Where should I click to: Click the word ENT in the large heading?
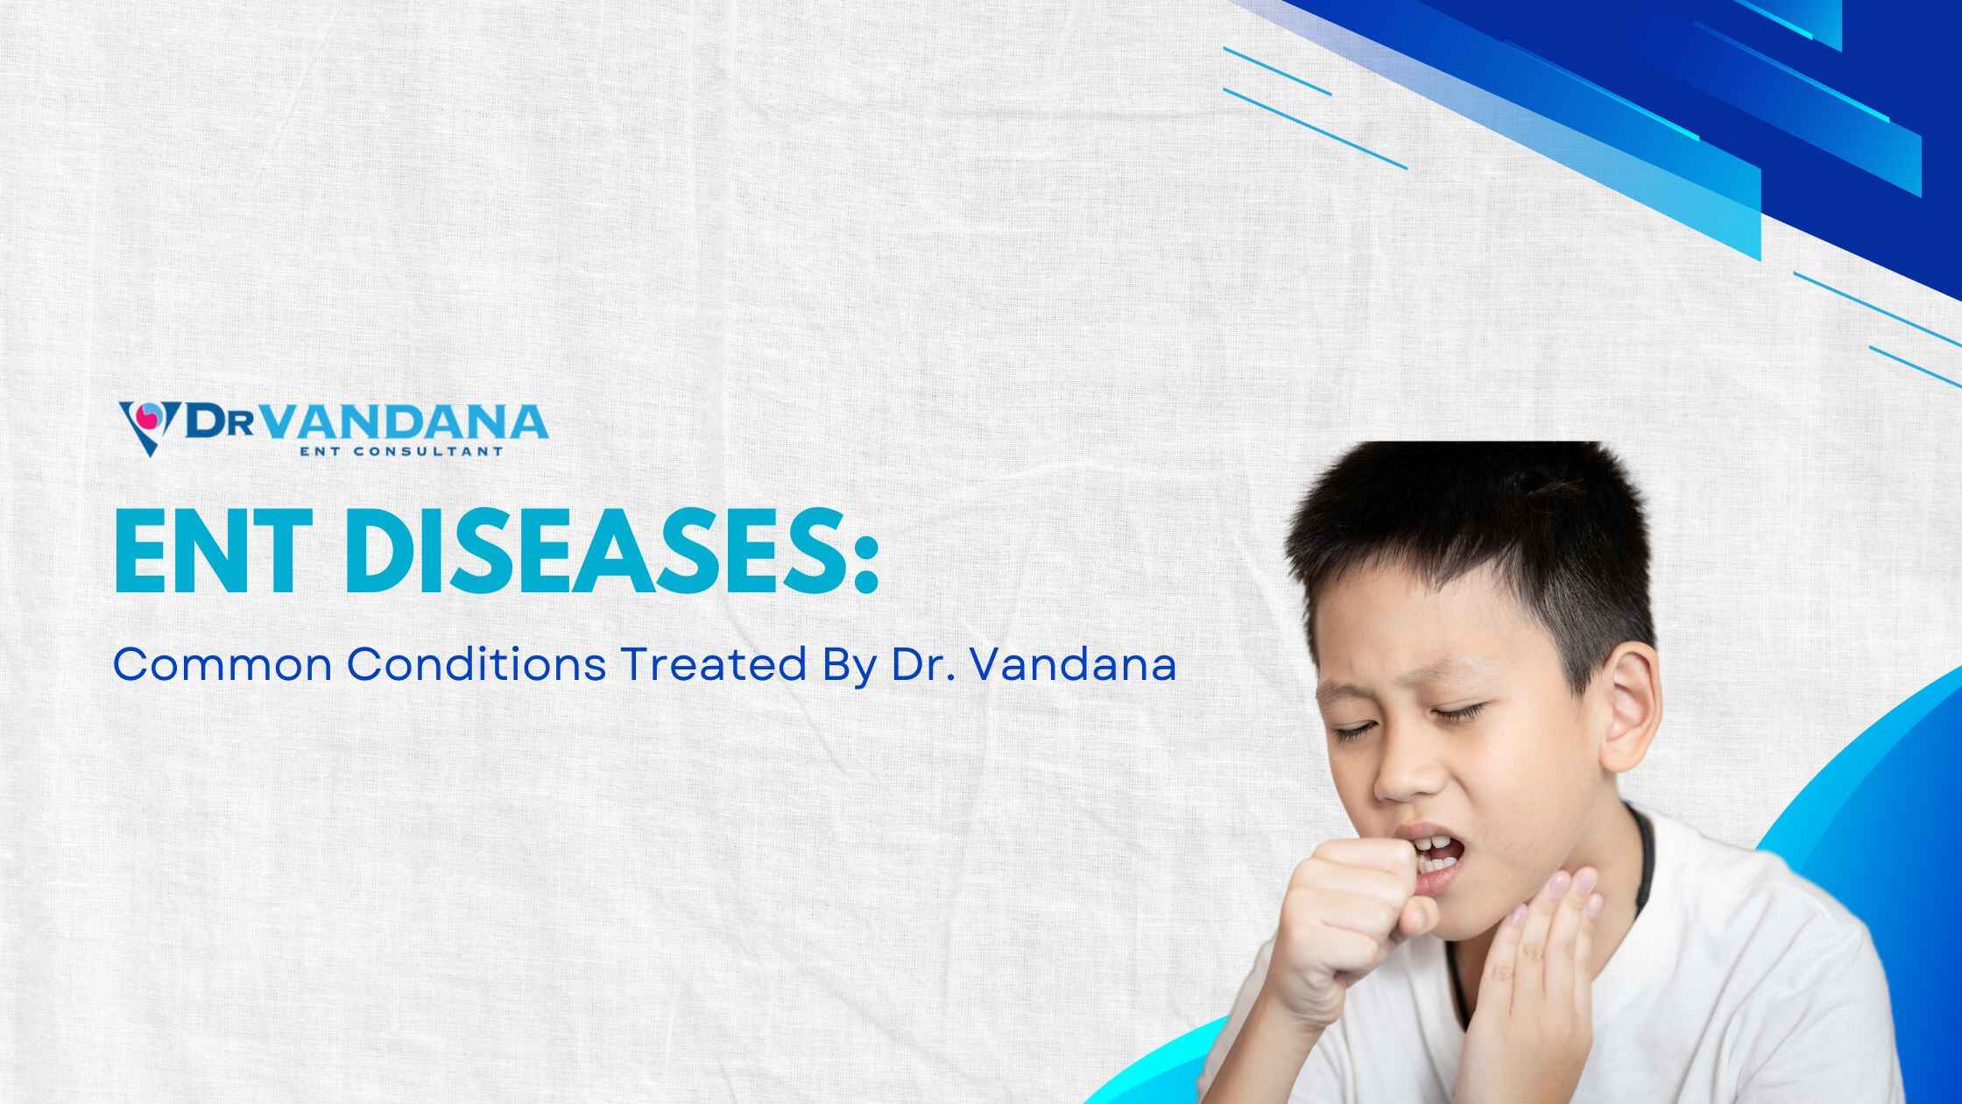tap(219, 552)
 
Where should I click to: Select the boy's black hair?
tap(1471, 543)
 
